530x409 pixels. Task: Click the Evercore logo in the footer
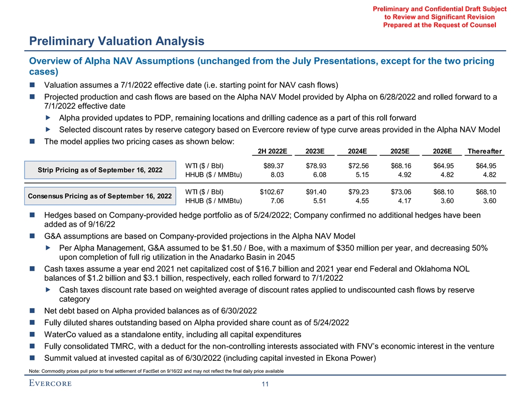(50, 384)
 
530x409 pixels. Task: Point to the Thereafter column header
(484, 151)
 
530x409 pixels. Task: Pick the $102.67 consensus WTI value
(272, 191)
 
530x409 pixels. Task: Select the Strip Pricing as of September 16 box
(100, 170)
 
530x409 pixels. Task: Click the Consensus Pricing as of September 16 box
(100, 195)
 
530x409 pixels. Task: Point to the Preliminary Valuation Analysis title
(116, 41)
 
